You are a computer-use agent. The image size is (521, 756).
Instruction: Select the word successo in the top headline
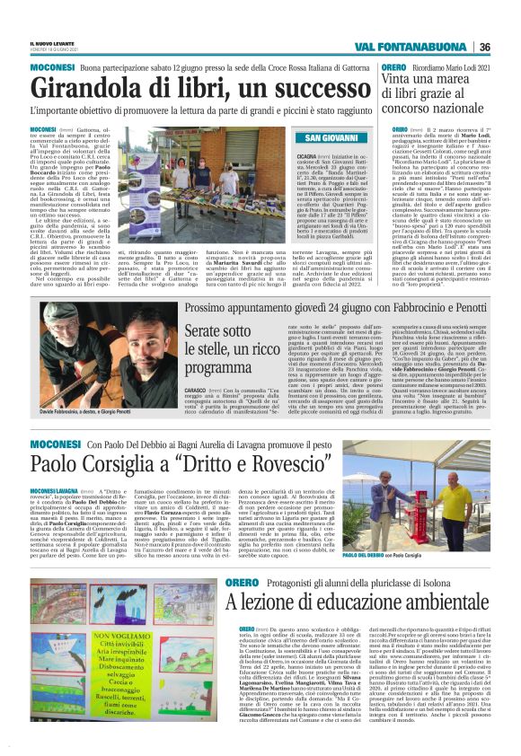(x=287, y=88)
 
